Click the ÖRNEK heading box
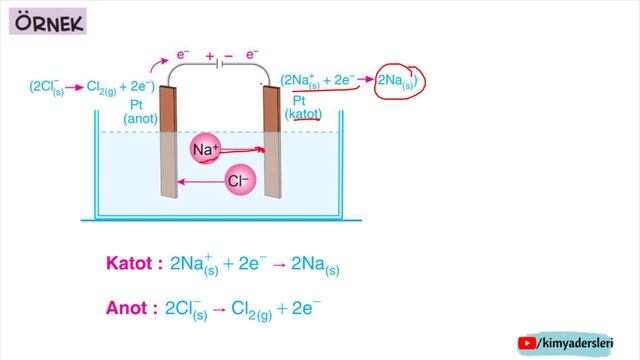[48, 22]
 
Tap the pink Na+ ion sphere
[205, 149]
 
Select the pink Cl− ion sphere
[240, 180]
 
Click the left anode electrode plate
[168, 141]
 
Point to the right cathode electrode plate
[272, 142]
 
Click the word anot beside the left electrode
[140, 119]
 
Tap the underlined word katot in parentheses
[303, 114]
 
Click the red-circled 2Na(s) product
[400, 81]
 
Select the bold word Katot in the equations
[129, 263]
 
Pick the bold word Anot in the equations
[127, 308]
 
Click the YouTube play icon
[527, 343]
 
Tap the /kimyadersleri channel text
[575, 343]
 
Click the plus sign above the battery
[210, 56]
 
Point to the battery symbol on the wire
[219, 64]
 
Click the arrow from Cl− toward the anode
[201, 182]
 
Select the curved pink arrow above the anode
[158, 64]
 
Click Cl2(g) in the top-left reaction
[102, 87]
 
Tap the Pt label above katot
[299, 100]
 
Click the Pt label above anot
[136, 105]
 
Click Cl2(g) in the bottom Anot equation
[251, 309]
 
